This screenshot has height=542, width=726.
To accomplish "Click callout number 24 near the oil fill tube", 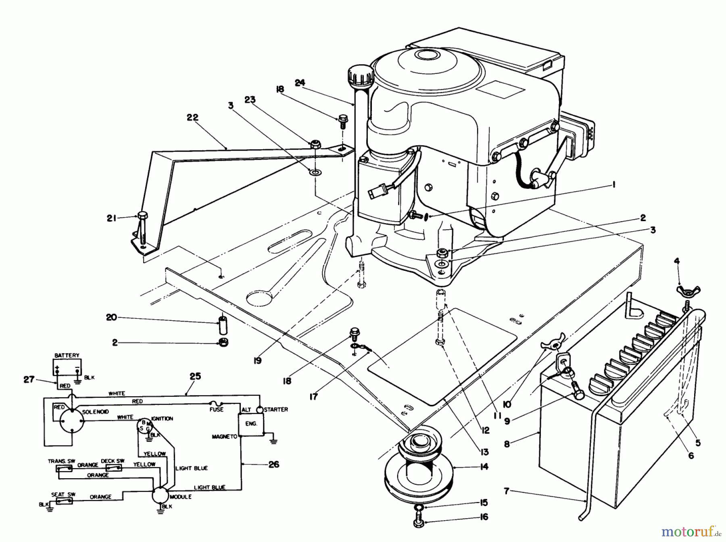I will [x=300, y=83].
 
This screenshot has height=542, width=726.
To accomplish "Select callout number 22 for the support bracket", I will [x=192, y=117].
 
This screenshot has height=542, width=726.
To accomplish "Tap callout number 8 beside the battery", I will [x=507, y=444].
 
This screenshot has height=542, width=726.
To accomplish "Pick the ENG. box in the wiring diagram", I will [x=251, y=424].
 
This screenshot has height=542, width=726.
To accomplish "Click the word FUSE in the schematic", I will [x=216, y=410].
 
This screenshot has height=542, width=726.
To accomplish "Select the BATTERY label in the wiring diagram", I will [x=67, y=355].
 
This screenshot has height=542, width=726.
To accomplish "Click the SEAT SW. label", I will [x=64, y=494].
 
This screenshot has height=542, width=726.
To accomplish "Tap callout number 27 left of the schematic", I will [x=29, y=380].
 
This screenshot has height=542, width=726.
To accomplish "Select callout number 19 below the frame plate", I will [x=258, y=360].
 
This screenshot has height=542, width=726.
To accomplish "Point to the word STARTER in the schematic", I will [x=276, y=409].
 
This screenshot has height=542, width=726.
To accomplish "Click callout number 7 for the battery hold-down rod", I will [x=507, y=491].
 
